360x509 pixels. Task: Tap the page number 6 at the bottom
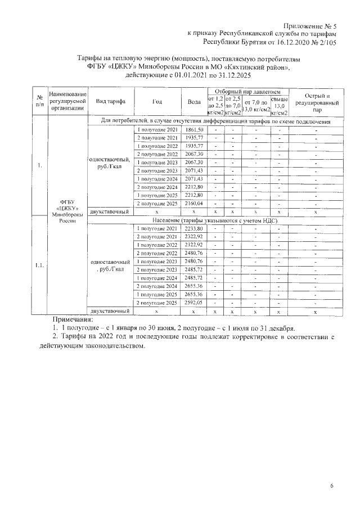click(332, 485)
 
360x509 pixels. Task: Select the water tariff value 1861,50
click(192, 130)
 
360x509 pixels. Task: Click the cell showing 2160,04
click(192, 203)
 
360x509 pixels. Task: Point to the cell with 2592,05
click(192, 302)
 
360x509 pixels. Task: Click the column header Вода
click(192, 101)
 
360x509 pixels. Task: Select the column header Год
click(157, 101)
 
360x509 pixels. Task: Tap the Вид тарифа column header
click(111, 101)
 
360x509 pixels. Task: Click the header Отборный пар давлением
click(247, 91)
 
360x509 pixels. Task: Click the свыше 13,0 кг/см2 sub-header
click(280, 105)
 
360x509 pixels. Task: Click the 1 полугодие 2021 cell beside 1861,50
click(157, 130)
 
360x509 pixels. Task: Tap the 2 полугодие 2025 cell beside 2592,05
click(157, 302)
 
